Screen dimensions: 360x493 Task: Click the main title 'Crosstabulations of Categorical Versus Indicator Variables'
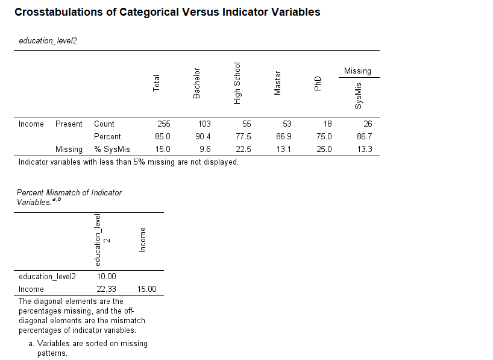coord(167,12)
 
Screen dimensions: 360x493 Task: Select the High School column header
coord(237,83)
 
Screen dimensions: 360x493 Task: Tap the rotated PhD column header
coord(318,84)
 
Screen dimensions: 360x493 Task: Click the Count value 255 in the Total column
coord(163,124)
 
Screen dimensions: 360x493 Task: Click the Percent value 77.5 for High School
coord(243,137)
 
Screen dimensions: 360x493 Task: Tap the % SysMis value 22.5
coord(243,150)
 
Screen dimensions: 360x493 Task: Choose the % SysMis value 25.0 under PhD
coord(324,150)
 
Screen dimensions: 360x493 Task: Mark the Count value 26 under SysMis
coord(367,124)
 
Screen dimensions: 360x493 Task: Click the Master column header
coord(278,83)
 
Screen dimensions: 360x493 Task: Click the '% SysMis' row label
coord(112,150)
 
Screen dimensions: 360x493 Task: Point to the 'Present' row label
coord(69,124)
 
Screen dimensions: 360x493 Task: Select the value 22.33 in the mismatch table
coord(107,289)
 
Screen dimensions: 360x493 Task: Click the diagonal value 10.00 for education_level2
coord(107,277)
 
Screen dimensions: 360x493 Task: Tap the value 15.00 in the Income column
coord(147,289)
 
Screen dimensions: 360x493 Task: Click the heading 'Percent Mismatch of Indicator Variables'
coord(69,197)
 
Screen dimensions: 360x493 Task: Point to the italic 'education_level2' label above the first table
coord(48,41)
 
